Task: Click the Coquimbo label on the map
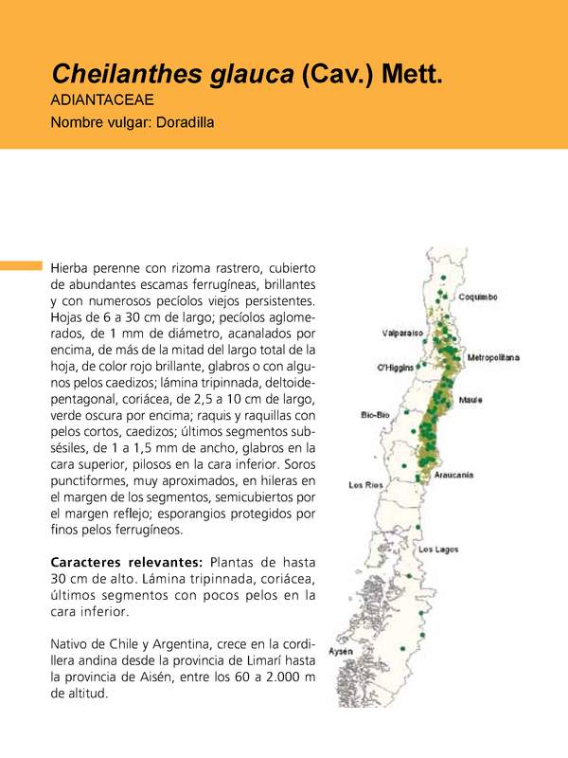tap(478, 297)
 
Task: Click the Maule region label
tap(471, 401)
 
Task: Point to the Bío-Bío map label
tap(375, 415)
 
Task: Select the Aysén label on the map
tap(340, 652)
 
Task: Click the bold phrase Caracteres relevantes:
tap(125, 561)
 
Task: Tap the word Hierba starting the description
tap(70, 268)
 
